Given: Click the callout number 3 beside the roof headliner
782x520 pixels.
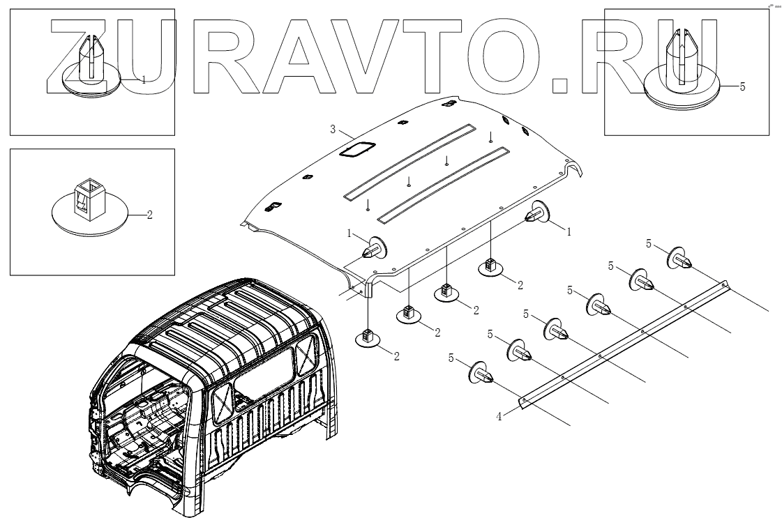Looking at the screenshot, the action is [x=333, y=129].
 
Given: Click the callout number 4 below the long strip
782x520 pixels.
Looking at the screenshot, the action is [x=499, y=417].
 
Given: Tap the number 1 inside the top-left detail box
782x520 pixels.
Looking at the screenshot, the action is [x=144, y=80].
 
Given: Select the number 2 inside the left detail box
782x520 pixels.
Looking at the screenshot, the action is [x=149, y=215].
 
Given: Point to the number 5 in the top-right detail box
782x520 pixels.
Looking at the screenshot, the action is [x=742, y=87].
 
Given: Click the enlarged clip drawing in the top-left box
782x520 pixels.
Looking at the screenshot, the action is [x=89, y=66].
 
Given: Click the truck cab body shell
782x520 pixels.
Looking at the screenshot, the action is [x=209, y=390].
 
